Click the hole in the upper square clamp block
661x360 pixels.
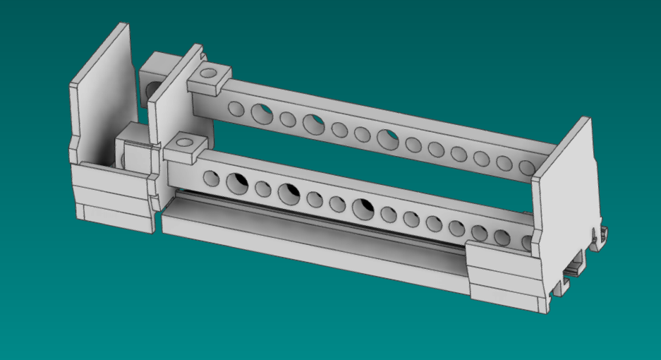click(x=208, y=73)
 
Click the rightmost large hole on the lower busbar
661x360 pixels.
click(x=363, y=207)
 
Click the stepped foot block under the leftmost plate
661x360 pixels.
click(x=113, y=198)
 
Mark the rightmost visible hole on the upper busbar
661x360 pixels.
click(x=526, y=167)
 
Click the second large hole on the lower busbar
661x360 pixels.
click(x=288, y=192)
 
